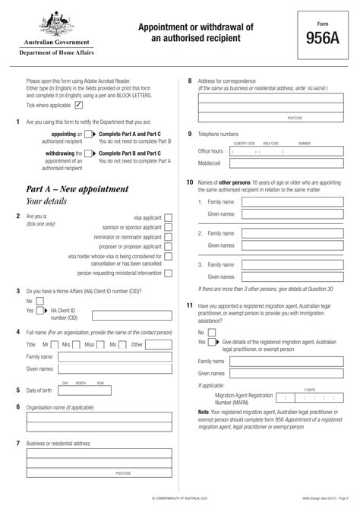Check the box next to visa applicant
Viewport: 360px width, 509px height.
click(x=168, y=217)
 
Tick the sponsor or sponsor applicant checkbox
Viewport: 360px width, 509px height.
click(x=168, y=227)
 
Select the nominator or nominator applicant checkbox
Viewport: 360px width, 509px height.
click(x=168, y=237)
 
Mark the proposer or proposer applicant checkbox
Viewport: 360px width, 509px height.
click(x=168, y=248)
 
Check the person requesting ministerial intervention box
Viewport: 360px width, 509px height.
click(x=168, y=272)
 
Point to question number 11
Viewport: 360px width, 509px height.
click(x=189, y=305)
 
